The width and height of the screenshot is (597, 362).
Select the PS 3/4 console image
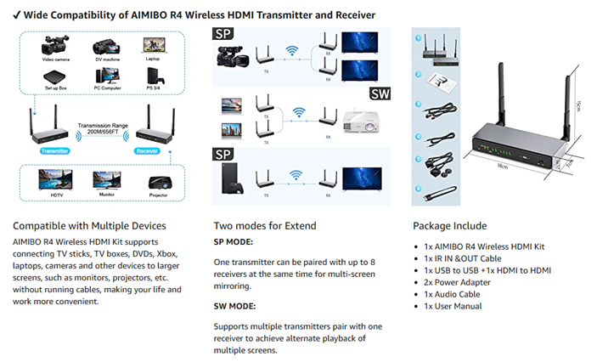pos(153,78)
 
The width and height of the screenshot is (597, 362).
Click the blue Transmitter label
pos(52,150)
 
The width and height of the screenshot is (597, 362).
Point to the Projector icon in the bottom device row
pos(159,183)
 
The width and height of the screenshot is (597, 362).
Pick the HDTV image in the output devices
pos(52,181)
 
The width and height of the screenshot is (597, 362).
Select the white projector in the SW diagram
pos(359,122)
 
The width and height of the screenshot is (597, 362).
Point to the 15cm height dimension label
pos(580,105)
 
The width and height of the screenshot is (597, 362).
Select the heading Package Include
pos(449,226)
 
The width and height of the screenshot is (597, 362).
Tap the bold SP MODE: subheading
pos(234,241)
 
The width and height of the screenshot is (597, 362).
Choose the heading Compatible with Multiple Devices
pos(89,226)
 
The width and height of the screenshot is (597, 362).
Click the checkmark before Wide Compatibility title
pos(18,15)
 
